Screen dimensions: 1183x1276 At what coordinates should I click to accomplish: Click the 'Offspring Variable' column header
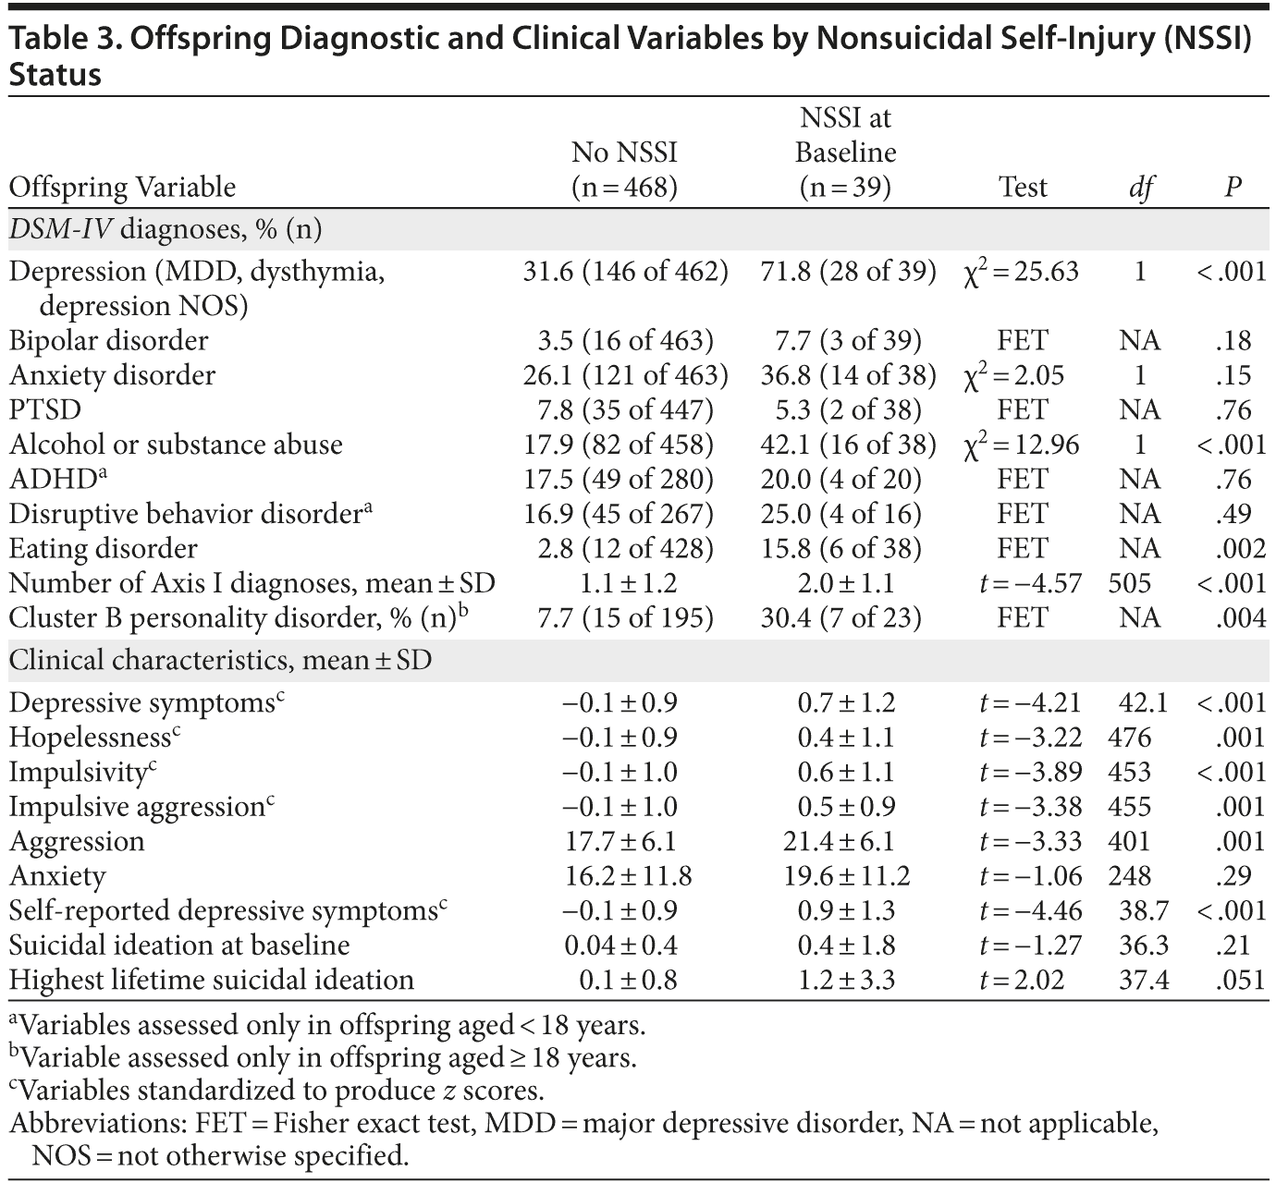point(122,188)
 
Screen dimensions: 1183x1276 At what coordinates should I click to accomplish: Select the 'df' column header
point(1140,188)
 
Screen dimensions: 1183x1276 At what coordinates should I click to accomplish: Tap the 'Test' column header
point(1023,188)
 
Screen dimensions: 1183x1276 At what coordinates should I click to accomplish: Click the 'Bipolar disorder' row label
point(108,340)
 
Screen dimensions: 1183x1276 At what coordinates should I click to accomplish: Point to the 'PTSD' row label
point(45,409)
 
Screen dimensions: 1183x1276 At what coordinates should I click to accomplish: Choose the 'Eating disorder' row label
point(103,548)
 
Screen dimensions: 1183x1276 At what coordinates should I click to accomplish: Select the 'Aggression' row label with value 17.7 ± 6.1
point(77,841)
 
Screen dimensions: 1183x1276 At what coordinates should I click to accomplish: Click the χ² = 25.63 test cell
point(1021,272)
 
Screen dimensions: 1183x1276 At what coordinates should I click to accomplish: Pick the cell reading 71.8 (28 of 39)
point(848,272)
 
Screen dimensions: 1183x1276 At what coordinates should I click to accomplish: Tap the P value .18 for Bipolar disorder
point(1233,340)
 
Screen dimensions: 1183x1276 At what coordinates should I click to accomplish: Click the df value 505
point(1130,583)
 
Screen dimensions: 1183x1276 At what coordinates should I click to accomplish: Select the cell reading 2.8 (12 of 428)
point(625,548)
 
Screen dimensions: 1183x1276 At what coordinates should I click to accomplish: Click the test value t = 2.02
point(1021,980)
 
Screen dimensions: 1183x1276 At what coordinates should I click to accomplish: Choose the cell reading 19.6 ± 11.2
point(846,876)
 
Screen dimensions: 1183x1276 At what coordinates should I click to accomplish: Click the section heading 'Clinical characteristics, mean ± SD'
point(220,661)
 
